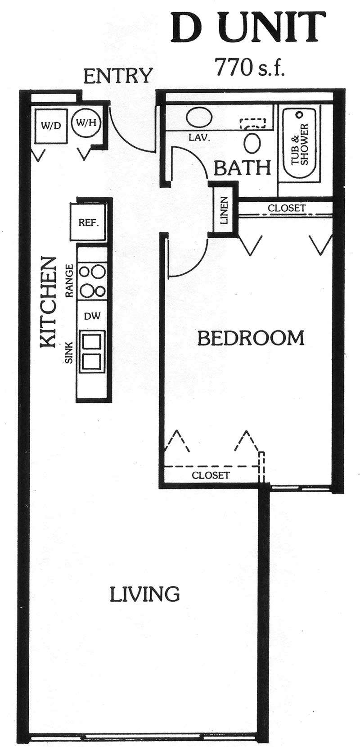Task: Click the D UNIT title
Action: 248,27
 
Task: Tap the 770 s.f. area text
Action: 250,67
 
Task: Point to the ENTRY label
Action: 117,76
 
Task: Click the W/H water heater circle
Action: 86,123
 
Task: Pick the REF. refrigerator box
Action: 89,222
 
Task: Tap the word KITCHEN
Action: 47,302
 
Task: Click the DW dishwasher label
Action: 92,316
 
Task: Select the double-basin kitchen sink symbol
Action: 92,352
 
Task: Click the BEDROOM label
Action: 251,338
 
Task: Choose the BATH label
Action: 243,168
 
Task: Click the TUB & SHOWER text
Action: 300,145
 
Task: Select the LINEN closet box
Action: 224,210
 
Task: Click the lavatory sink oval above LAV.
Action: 198,117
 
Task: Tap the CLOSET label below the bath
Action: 287,208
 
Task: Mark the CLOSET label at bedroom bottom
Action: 211,475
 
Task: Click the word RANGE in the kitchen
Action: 69,281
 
